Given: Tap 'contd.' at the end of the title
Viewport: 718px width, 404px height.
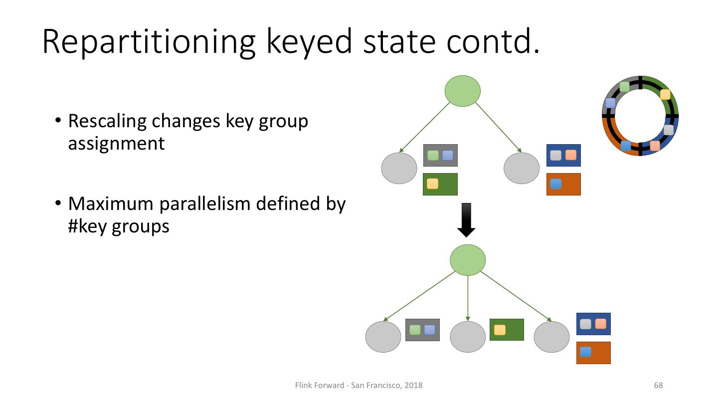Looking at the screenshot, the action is point(493,41).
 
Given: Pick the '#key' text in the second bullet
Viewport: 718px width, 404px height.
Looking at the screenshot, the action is point(87,226).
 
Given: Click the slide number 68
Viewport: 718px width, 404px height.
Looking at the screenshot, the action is point(658,385).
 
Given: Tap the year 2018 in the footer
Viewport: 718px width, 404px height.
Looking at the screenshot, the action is point(413,385).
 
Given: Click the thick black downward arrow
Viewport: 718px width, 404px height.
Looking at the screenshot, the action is point(466,220).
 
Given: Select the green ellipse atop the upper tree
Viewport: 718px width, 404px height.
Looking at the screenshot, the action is point(463,91).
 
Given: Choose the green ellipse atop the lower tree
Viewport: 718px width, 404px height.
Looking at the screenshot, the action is point(468,260).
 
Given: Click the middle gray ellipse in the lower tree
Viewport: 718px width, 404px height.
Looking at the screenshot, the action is point(468,337).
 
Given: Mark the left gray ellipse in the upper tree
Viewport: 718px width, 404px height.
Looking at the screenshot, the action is point(399,168).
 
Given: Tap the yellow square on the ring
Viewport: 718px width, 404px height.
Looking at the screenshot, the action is point(665,95).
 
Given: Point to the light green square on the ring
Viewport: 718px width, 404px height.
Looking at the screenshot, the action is point(624,87).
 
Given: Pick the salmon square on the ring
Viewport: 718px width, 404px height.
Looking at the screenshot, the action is point(655,146).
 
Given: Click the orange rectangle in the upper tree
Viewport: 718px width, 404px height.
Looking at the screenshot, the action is point(563,184).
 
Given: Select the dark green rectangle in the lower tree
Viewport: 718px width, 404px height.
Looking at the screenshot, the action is point(507,330).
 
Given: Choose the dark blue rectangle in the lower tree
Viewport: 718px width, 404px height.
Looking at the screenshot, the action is point(594,324).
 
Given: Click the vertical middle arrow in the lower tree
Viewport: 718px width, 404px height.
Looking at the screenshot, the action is point(468,298).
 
